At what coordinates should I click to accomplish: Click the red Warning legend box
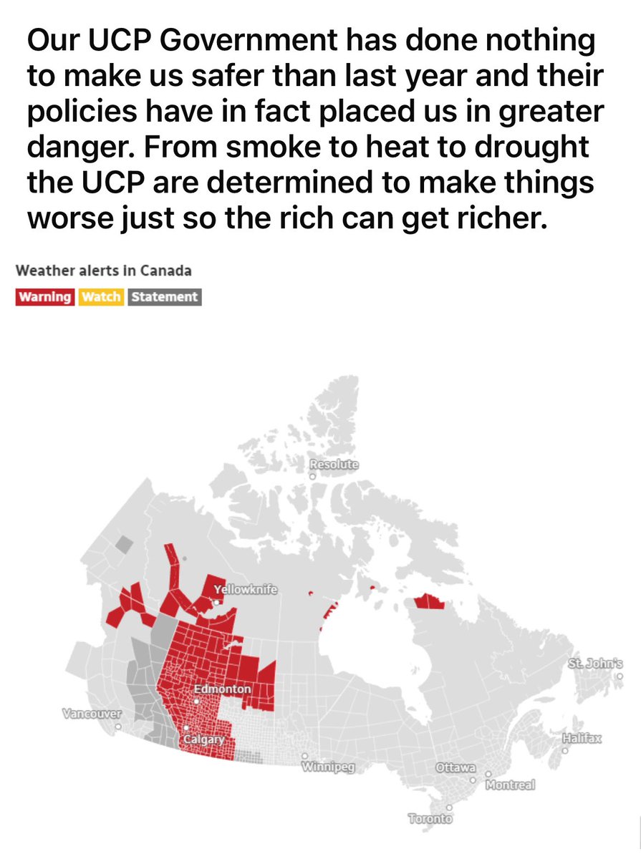click(x=44, y=296)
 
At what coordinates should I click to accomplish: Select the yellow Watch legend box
click(x=101, y=296)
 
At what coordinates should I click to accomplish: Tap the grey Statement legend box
click(x=165, y=296)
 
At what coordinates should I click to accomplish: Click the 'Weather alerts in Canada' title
click(x=103, y=271)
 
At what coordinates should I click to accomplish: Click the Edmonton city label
click(x=222, y=689)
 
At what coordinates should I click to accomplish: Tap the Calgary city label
click(x=205, y=739)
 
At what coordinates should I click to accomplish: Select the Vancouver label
click(x=92, y=714)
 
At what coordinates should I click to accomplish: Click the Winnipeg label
click(x=323, y=768)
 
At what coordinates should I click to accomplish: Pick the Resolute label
click(x=334, y=465)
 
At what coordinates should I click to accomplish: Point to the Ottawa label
click(x=456, y=768)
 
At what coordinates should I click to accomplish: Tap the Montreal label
click(x=510, y=785)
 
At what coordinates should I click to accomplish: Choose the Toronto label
click(x=430, y=818)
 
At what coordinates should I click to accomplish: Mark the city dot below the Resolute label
click(x=313, y=475)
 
